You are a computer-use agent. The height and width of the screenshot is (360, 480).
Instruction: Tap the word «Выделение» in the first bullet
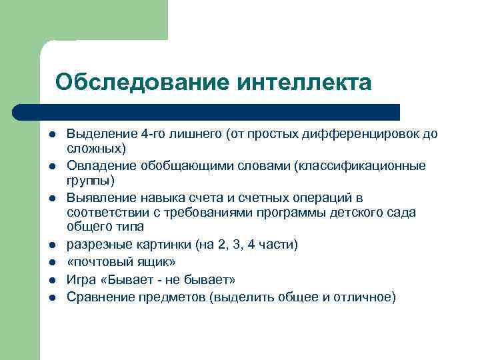97,134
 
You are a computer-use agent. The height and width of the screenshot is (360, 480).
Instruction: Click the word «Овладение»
98,165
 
